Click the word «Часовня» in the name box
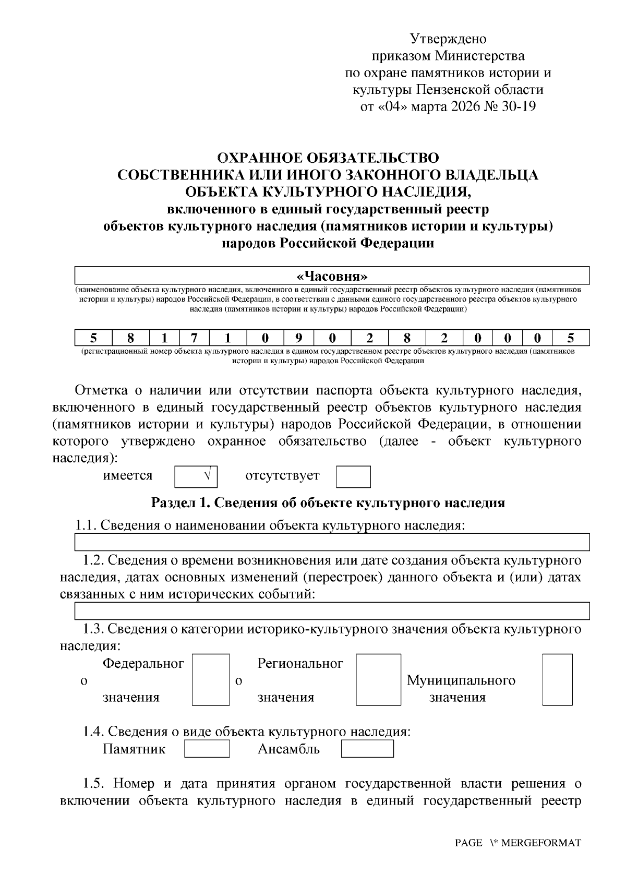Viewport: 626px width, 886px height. pyautogui.click(x=332, y=276)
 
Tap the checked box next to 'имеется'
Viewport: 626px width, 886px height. pyautogui.click(x=196, y=476)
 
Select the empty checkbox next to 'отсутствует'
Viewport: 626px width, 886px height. pyautogui.click(x=353, y=476)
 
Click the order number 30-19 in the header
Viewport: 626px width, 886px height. pyautogui.click(x=517, y=106)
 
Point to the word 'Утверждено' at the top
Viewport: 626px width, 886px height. pyautogui.click(x=448, y=39)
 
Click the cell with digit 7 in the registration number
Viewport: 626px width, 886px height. pyautogui.click(x=194, y=338)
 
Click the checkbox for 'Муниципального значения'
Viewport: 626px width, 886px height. pyautogui.click(x=557, y=679)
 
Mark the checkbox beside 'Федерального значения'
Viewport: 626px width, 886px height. pyautogui.click(x=211, y=679)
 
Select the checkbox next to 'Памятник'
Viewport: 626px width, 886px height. pyautogui.click(x=207, y=749)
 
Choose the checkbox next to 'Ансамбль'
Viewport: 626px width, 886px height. pyautogui.click(x=367, y=749)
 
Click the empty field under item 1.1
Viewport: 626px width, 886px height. pyautogui.click(x=332, y=542)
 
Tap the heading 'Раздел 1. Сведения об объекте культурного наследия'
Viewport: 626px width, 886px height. pyautogui.click(x=328, y=503)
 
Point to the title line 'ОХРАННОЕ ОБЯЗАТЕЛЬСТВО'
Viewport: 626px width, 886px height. pyautogui.click(x=328, y=158)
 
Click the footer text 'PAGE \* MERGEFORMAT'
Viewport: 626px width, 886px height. pyautogui.click(x=517, y=843)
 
